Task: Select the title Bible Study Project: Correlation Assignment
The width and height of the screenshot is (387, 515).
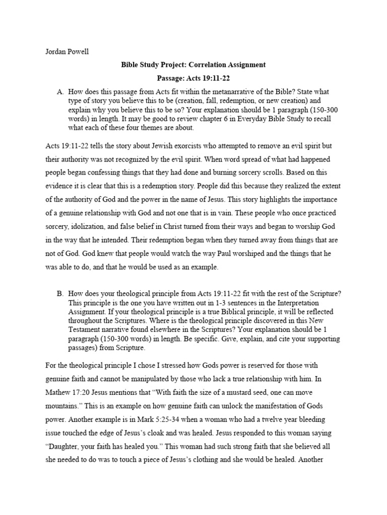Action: tap(193, 65)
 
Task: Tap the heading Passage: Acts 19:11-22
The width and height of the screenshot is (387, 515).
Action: tap(193, 78)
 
